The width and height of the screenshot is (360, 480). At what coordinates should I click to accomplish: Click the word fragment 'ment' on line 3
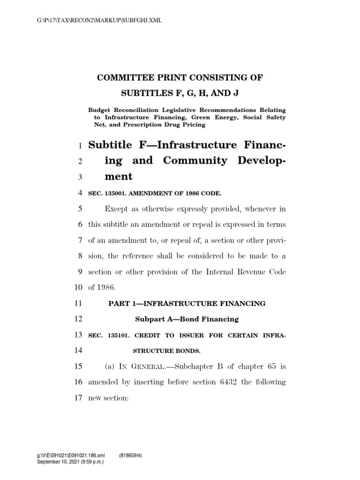pos(119,177)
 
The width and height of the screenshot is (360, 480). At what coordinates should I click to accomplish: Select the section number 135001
pos(116,193)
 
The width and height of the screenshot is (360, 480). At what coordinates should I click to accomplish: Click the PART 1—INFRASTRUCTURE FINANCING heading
pos(187,304)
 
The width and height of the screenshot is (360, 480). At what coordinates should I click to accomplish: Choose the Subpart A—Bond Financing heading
pos(187,319)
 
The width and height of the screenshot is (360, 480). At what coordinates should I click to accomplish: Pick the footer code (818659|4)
pos(133,455)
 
